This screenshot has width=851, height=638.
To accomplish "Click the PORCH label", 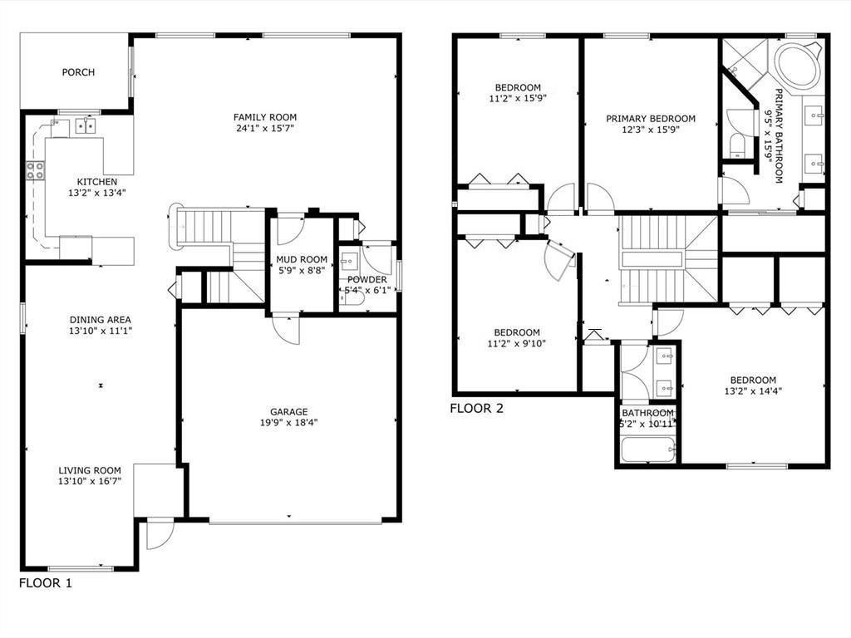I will pos(78,72).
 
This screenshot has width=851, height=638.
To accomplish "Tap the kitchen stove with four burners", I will pos(36,170).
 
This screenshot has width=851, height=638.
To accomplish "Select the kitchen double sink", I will pos(86,126).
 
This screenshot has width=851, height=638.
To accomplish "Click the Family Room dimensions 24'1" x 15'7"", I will pos(264,129).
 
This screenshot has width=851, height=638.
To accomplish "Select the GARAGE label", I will pos(288,411).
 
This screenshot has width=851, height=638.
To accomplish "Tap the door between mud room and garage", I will pos(287,329).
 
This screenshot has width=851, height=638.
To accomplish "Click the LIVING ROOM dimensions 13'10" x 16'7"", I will pos(90,482).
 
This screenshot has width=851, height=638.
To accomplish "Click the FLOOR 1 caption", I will pos(46,583).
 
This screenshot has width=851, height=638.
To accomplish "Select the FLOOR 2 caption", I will pos(476,408).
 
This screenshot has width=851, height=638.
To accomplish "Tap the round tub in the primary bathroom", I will pos(798,66).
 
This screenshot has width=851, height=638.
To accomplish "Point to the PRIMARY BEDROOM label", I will pos(650,119).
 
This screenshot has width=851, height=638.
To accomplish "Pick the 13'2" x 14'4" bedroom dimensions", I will pos(753,391).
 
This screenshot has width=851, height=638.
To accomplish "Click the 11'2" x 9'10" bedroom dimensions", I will pos(516,344).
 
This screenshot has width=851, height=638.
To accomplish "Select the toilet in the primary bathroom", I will pos(736,146).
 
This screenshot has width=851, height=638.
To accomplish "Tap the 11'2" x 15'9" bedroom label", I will pos(518,87).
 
